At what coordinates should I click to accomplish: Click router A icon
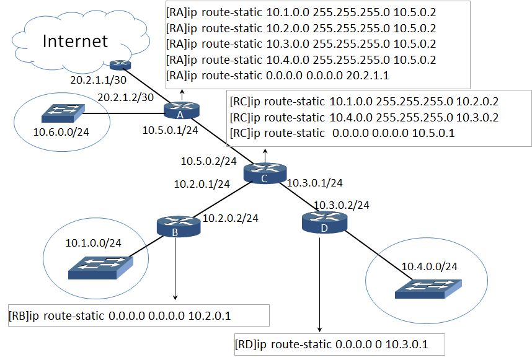click(x=182, y=110)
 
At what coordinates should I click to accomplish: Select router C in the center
click(x=265, y=173)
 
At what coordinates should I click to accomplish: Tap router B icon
click(x=179, y=226)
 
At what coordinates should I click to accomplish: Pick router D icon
click(x=324, y=222)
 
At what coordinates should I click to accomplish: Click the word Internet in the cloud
click(x=75, y=41)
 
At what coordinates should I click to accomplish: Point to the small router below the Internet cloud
click(x=121, y=64)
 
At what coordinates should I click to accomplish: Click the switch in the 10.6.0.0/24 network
click(x=63, y=113)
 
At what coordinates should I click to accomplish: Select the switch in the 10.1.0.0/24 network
click(x=101, y=268)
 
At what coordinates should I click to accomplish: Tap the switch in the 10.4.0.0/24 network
click(x=428, y=289)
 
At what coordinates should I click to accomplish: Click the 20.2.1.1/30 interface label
click(x=99, y=80)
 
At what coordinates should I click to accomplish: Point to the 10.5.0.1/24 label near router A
click(x=170, y=130)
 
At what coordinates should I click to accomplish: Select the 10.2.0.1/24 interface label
click(x=202, y=184)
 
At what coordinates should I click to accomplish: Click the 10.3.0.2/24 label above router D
click(x=341, y=205)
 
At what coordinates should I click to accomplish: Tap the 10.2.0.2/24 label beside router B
click(x=231, y=218)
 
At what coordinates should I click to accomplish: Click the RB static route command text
click(x=120, y=316)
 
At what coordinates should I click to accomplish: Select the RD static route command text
click(x=331, y=345)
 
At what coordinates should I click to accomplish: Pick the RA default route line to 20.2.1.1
click(x=277, y=75)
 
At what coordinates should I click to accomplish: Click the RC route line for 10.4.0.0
click(x=364, y=118)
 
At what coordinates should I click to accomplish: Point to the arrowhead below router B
click(x=175, y=297)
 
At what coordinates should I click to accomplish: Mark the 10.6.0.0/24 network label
click(x=61, y=132)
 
